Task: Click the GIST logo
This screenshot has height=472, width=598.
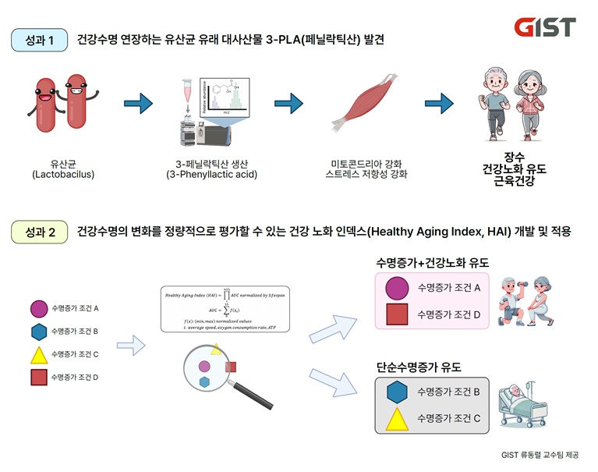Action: point(545,27)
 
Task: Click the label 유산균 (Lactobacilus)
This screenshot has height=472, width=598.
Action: point(63,169)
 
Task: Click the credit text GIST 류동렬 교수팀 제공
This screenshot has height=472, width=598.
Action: point(541,455)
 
